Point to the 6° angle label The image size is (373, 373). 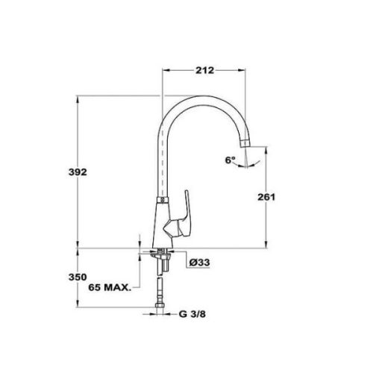[230, 160]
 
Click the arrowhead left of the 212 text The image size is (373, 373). [167, 71]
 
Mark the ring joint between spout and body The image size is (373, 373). [162, 201]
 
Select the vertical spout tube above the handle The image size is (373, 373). [163, 164]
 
